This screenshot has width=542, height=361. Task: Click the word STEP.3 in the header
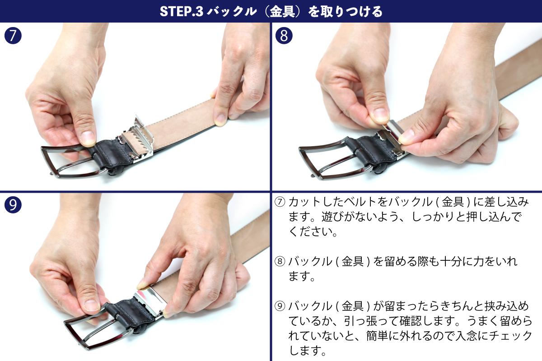(182, 11)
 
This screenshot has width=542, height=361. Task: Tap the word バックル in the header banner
(232, 11)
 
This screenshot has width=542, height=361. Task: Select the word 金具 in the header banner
(282, 11)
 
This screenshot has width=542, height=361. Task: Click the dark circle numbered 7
(13, 36)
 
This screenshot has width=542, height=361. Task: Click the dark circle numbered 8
(284, 36)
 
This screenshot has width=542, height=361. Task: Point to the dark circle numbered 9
(13, 204)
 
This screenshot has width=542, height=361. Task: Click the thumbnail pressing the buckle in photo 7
(88, 138)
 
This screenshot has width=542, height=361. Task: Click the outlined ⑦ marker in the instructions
(280, 202)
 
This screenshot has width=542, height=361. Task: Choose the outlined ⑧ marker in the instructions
(280, 261)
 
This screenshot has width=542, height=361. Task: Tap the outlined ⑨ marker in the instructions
(280, 306)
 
